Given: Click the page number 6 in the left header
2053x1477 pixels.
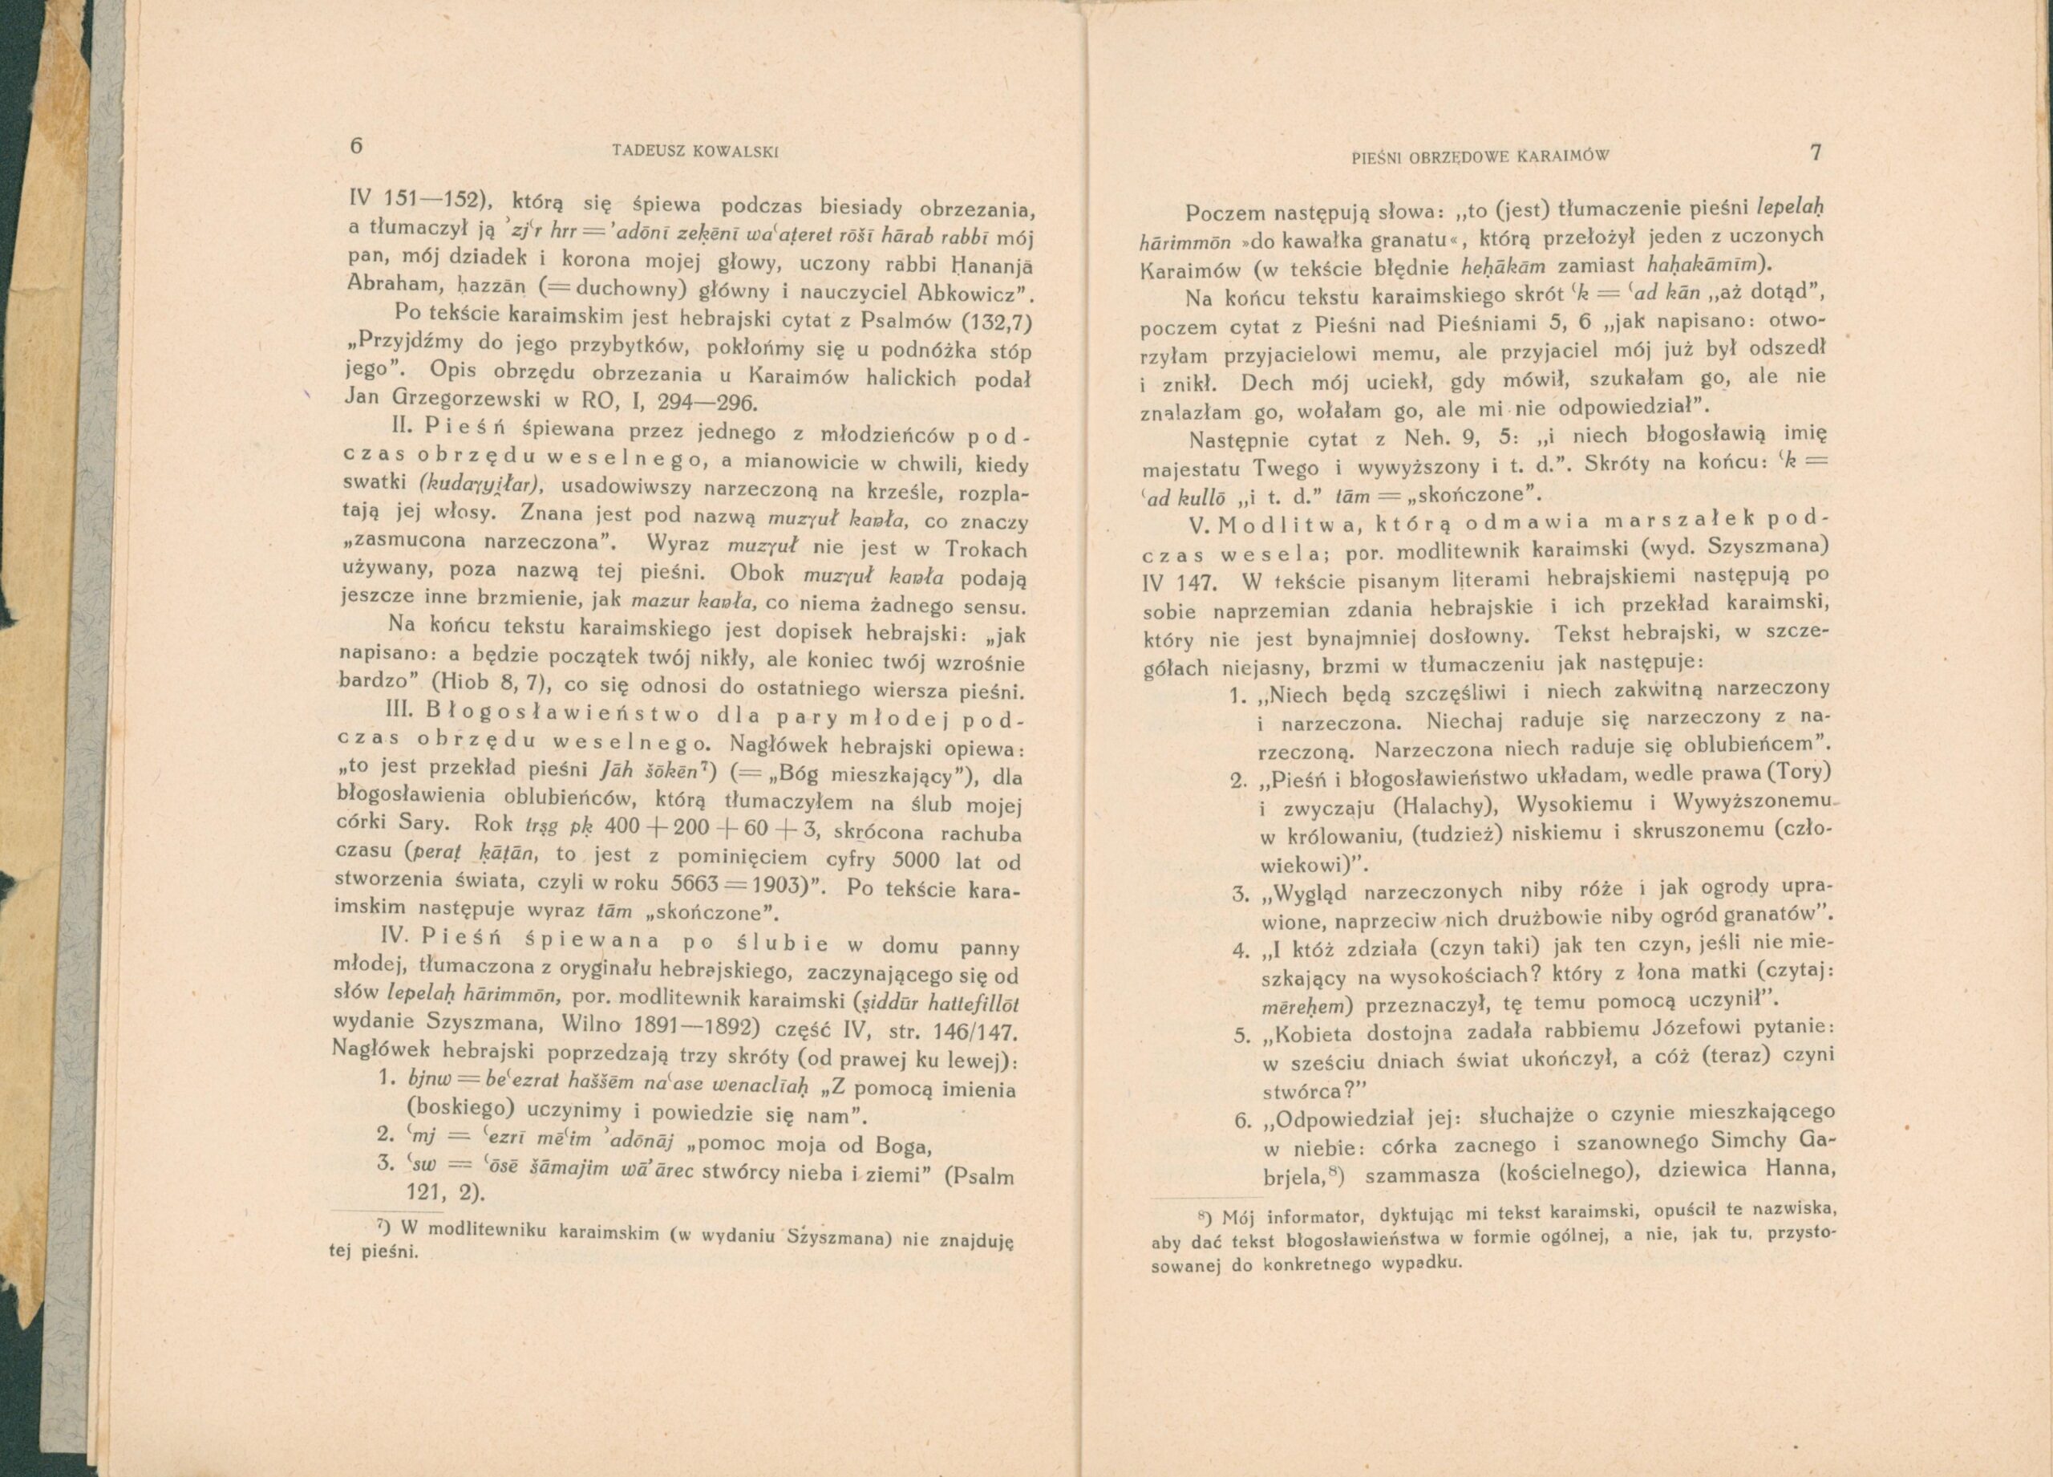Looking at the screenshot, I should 356,147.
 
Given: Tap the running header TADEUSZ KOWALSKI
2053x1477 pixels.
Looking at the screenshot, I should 695,152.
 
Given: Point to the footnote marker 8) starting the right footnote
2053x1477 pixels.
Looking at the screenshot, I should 1205,1215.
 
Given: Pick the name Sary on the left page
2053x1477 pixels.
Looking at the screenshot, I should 422,823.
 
